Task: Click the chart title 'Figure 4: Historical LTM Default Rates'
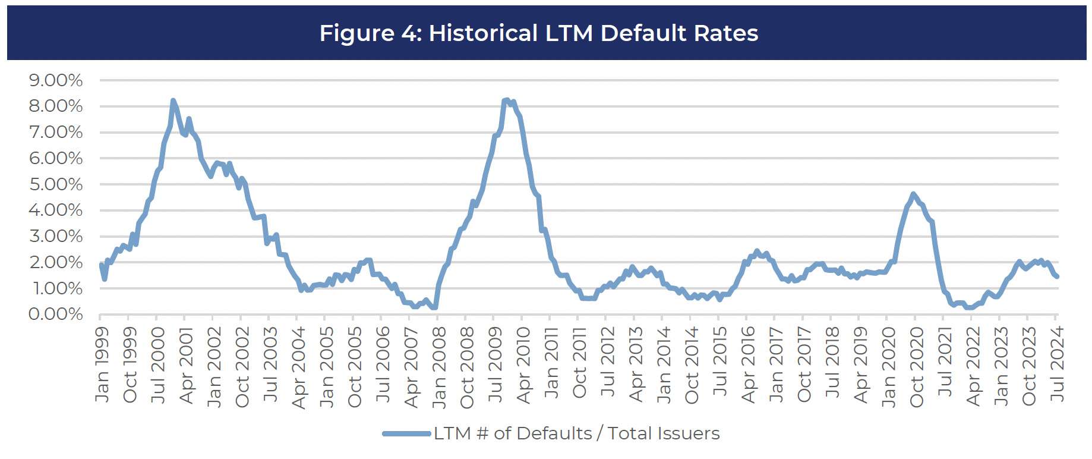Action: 538,33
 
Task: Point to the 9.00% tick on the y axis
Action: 56,80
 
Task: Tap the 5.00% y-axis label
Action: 56,184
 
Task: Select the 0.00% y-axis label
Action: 56,314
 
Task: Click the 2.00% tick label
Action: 56,262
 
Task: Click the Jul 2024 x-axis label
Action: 1057,364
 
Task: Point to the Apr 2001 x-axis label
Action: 187,365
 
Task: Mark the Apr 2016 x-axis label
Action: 749,364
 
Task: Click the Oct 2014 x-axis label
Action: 692,365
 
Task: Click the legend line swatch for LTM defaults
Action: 406,433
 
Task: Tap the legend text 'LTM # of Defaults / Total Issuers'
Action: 576,433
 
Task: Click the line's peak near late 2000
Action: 173,101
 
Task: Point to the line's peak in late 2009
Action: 506,100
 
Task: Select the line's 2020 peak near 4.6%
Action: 913,194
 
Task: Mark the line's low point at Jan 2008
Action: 435,307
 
